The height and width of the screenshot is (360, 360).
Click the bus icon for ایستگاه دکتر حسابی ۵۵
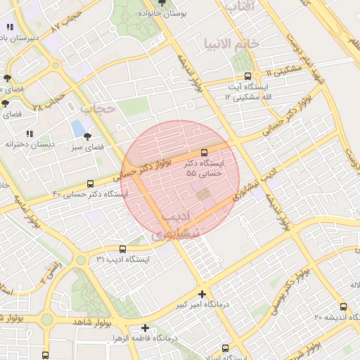point(205,152)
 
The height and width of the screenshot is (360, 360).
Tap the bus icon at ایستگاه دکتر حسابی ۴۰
point(89,184)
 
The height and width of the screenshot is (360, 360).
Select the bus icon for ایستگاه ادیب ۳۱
point(123,249)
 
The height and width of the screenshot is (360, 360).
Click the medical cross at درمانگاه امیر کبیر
point(202,294)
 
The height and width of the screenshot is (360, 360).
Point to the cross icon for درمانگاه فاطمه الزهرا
point(146,328)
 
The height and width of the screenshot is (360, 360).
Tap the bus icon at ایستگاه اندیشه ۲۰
point(343,307)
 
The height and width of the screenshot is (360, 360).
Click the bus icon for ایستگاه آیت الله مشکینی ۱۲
point(247,76)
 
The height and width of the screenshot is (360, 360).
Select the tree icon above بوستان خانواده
point(163,3)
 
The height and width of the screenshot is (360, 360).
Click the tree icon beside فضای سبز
point(87,136)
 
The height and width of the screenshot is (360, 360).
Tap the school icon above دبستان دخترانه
point(29,133)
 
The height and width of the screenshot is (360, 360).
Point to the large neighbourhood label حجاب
point(97,108)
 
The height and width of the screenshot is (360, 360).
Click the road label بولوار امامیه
point(24,212)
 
